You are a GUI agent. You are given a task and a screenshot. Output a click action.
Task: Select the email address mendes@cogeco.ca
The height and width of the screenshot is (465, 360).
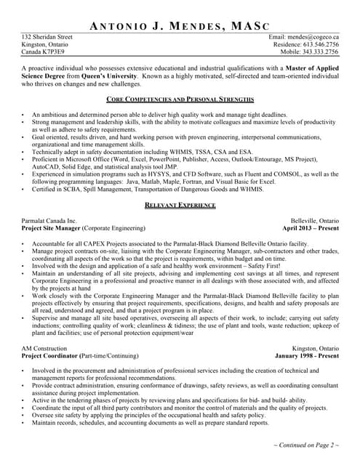click(313, 36)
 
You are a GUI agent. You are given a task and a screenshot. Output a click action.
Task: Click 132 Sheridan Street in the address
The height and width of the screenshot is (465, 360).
click(47, 36)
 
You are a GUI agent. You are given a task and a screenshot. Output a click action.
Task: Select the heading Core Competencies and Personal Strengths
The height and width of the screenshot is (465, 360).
click(180, 99)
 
